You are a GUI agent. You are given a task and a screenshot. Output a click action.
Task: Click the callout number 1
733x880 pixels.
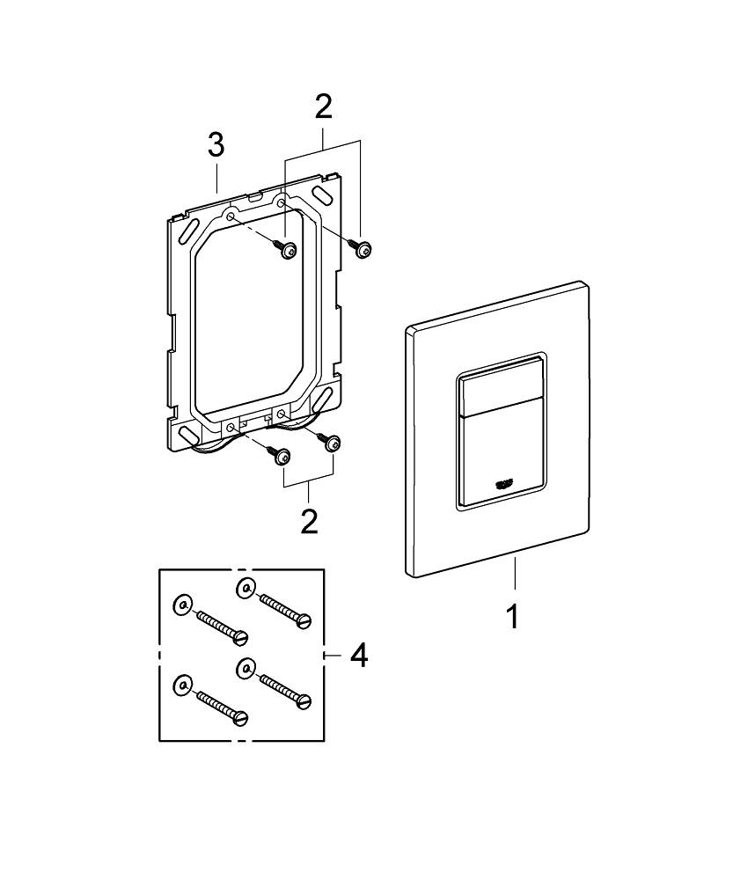click(511, 615)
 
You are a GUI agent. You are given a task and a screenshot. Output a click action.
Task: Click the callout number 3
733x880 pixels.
click(216, 146)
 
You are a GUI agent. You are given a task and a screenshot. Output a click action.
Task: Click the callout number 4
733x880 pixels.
click(359, 655)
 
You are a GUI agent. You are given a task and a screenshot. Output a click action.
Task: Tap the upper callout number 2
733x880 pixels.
click(323, 107)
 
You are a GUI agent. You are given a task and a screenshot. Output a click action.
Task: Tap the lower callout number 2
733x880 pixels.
click(309, 519)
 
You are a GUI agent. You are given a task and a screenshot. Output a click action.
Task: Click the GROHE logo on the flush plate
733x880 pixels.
click(508, 482)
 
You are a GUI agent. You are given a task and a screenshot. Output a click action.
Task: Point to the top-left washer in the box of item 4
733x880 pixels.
click(181, 605)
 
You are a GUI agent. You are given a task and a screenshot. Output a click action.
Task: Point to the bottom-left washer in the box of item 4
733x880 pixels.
click(181, 684)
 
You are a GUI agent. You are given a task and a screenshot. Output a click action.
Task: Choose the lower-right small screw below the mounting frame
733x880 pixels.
click(333, 444)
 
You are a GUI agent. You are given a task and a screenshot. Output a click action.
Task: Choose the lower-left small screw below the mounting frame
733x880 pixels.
click(282, 457)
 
